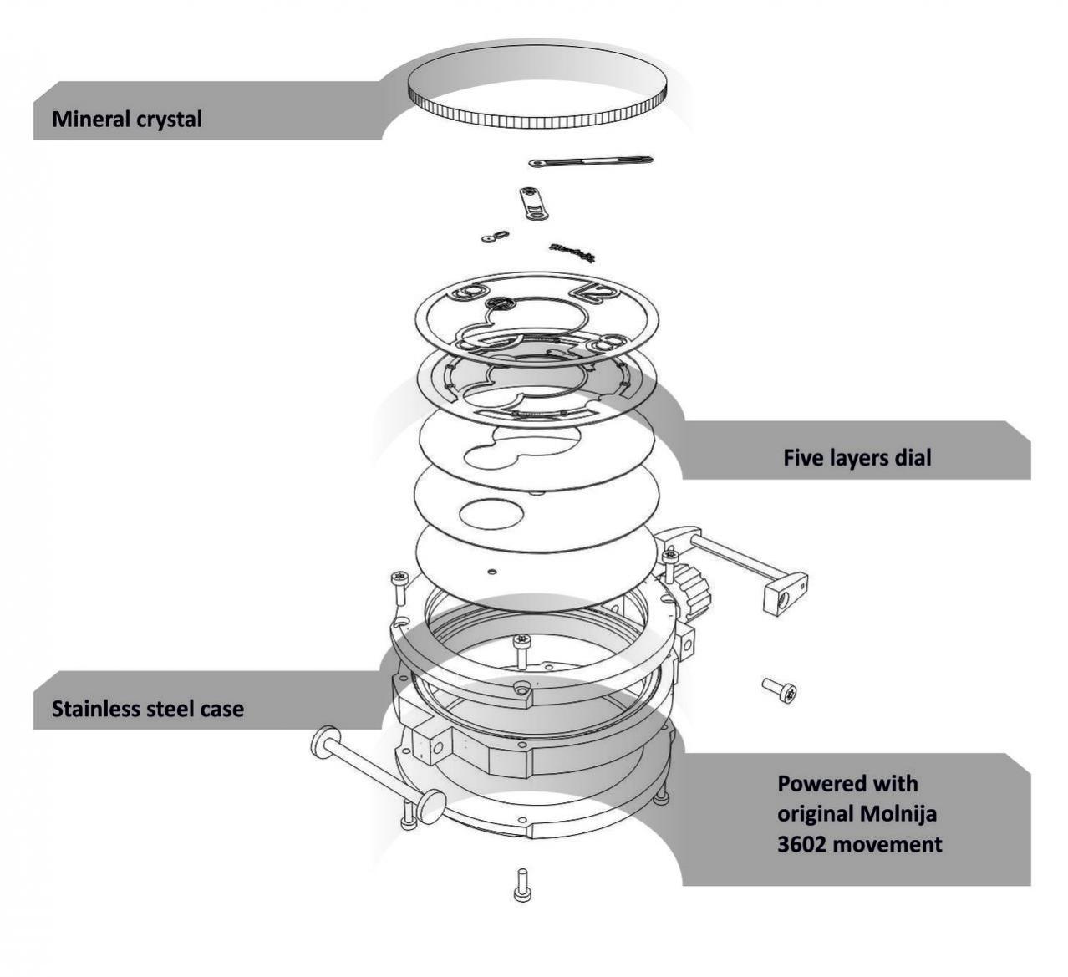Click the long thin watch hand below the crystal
click(591, 160)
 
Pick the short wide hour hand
click(532, 203)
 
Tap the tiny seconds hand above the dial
click(495, 237)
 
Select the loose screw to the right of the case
click(780, 690)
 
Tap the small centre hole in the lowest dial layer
click(491, 572)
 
